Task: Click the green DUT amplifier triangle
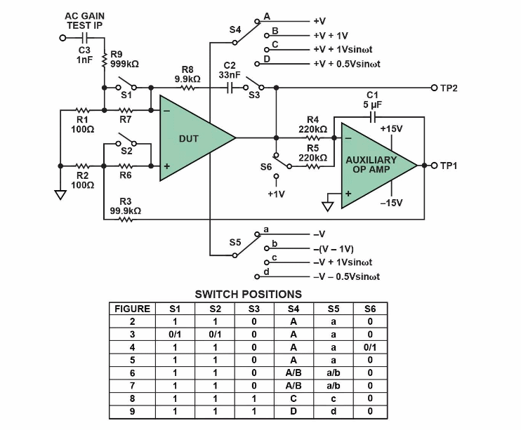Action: coord(190,139)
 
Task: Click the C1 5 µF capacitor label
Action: coord(373,100)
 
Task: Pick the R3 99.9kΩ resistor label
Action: coord(125,206)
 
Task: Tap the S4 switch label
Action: coord(236,30)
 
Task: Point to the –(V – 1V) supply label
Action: coord(333,249)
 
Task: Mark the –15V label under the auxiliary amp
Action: coord(392,203)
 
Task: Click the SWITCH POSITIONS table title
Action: coord(248,295)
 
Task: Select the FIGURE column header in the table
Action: coord(132,309)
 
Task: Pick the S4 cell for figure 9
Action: coord(294,410)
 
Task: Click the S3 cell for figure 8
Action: coord(255,398)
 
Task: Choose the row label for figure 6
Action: coord(132,372)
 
